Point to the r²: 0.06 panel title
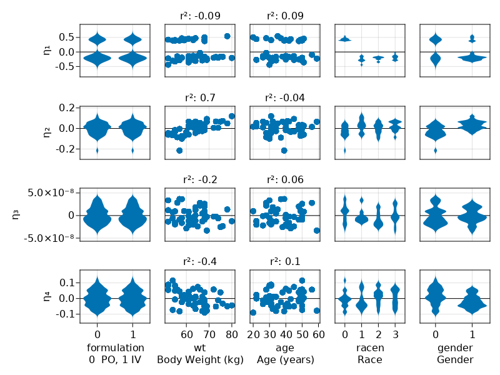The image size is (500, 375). point(284,179)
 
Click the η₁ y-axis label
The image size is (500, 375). point(47,51)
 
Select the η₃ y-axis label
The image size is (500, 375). point(16,214)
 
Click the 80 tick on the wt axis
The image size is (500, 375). point(231,334)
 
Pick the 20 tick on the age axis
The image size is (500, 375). point(253,334)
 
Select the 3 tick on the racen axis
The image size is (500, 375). point(394,334)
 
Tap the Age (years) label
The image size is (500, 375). point(284,360)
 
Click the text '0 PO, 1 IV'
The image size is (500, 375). point(115,360)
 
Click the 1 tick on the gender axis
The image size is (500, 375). point(472,334)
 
